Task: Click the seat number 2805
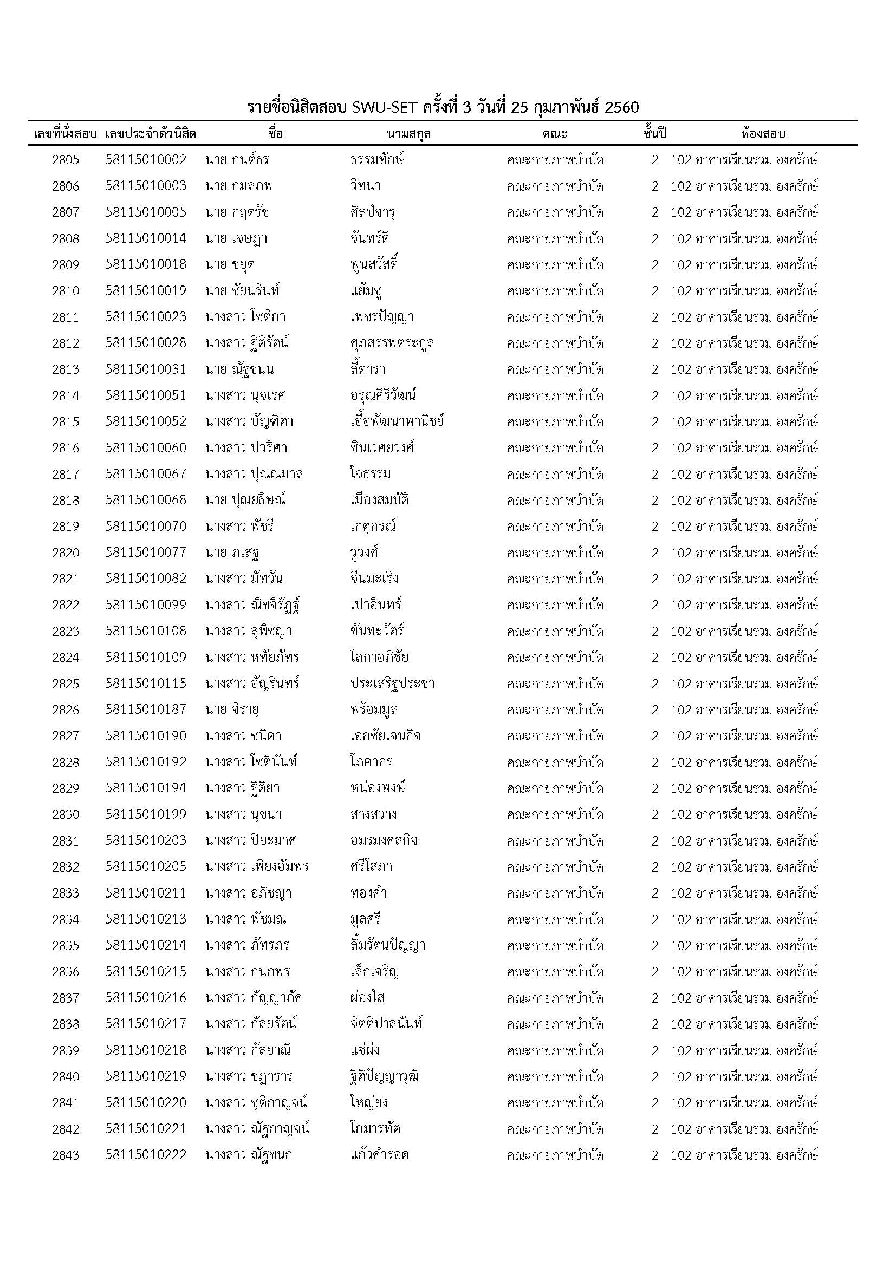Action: coord(66,160)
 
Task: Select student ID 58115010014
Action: coord(146,238)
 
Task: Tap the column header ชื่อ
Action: coord(275,134)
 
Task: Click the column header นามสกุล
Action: coord(409,134)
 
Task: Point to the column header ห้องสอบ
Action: coord(763,134)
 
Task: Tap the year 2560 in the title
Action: coord(622,107)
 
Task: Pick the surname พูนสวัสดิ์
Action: coord(374,264)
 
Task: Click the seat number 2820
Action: coord(66,553)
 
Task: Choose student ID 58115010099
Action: coord(146,605)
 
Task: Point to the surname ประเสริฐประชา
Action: coord(392,684)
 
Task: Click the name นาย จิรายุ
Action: coord(232,710)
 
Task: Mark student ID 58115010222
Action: coord(146,1154)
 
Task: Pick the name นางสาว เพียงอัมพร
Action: coord(257,867)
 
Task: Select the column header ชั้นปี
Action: coord(655,134)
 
